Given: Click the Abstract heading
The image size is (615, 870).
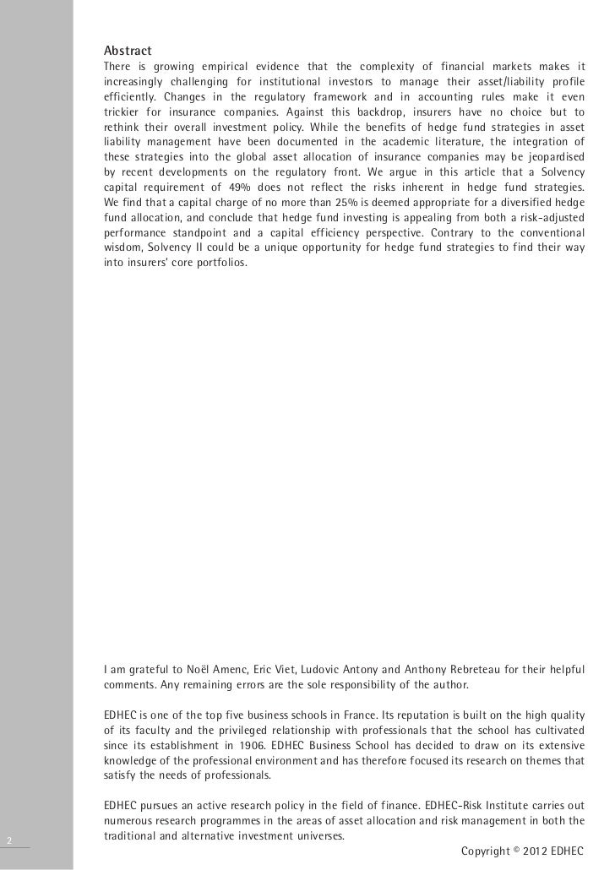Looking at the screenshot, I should click(127, 47).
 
